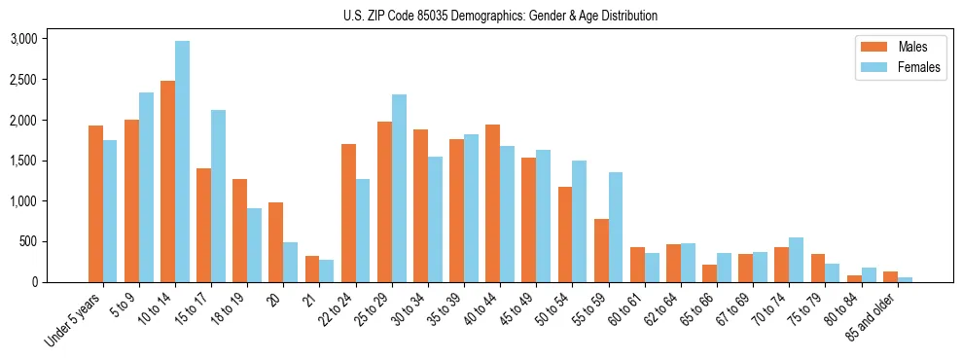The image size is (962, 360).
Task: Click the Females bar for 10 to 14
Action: [x=183, y=162]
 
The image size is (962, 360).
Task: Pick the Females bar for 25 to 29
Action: [x=399, y=189]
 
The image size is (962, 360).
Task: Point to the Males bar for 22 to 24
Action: [x=348, y=213]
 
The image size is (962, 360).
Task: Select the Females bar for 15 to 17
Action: [x=219, y=197]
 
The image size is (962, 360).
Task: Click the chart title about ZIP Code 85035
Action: [x=500, y=16]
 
